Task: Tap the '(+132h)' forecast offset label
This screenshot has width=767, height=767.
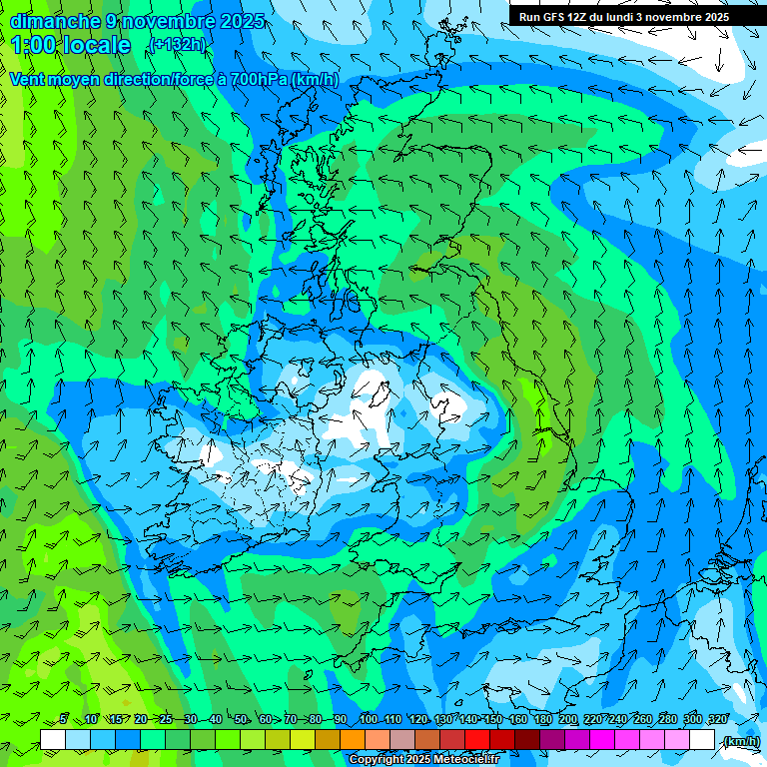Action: tap(176, 44)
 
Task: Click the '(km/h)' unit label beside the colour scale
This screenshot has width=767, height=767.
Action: tap(740, 740)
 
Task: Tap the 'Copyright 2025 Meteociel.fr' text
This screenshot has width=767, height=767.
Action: tap(423, 760)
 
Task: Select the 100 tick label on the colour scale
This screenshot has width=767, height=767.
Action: tap(369, 720)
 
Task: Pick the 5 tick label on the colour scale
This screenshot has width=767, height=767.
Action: tap(63, 720)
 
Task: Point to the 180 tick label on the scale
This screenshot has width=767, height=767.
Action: tap(542, 720)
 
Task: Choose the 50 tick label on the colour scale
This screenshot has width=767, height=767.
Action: tap(241, 720)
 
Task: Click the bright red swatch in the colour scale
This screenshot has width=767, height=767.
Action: tap(477, 740)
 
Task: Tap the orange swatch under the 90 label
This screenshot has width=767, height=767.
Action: tap(353, 740)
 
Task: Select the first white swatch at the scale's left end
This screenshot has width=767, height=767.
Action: tap(53, 740)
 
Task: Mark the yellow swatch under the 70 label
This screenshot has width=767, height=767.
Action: tap(303, 740)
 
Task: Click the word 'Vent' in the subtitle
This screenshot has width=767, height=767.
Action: tap(28, 79)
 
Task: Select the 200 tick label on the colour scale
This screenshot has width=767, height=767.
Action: tap(568, 720)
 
